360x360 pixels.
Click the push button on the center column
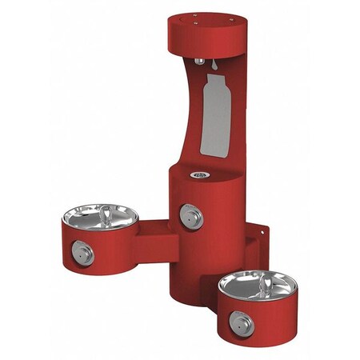(x=190, y=214)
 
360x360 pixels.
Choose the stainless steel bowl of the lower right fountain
(x=256, y=283)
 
